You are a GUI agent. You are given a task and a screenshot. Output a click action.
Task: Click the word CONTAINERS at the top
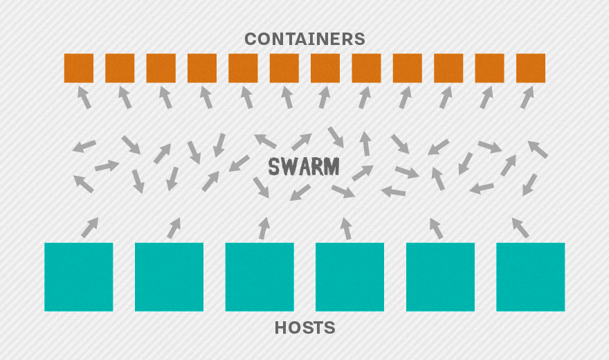tap(304, 39)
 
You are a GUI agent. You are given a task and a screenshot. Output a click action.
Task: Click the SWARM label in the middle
tap(304, 167)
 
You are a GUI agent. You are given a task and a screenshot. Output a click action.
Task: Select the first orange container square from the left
tap(79, 68)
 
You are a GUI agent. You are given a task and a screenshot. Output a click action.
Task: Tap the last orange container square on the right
tap(531, 68)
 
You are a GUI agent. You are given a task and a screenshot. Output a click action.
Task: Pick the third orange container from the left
tap(161, 68)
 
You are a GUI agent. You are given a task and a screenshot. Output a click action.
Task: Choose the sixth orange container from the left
tap(284, 68)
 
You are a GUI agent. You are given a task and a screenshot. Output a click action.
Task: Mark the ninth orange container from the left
tap(408, 68)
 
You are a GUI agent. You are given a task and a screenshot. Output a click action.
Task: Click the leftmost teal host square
tap(79, 277)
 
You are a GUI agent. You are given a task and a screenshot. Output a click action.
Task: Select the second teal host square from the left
tap(169, 277)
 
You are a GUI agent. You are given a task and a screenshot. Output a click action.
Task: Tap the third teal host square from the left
tap(260, 277)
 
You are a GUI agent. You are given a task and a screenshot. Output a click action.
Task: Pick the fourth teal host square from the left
tap(349, 277)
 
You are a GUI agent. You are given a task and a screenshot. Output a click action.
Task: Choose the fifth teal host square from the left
tap(440, 277)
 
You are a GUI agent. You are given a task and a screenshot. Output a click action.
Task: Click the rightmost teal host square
tap(531, 277)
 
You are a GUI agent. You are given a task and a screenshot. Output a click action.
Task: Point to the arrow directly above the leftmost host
tap(89, 227)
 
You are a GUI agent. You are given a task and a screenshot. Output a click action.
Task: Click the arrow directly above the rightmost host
tap(520, 227)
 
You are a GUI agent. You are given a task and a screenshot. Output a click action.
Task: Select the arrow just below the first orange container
tap(84, 98)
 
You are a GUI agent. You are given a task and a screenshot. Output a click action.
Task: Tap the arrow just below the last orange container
tap(528, 98)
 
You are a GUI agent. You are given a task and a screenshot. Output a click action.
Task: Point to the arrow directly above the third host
tap(264, 228)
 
